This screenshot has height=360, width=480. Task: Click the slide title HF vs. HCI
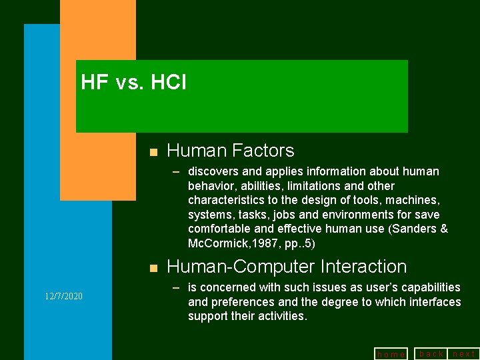coord(133,83)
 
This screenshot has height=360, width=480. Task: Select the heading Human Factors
coord(230,151)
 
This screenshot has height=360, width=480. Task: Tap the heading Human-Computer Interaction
coord(286,267)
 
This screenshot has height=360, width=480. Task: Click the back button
coord(431,353)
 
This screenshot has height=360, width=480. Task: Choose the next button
coord(464,353)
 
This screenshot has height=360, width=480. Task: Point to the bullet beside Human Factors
coord(153,152)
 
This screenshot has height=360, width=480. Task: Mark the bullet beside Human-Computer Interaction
coord(153,268)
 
